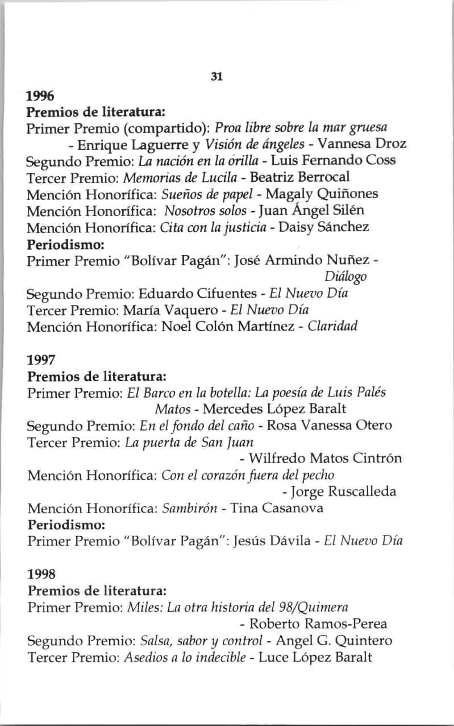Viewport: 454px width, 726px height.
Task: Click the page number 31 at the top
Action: pos(216,77)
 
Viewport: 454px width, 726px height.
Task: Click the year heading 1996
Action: pos(40,94)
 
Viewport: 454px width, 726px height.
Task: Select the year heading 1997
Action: pos(40,360)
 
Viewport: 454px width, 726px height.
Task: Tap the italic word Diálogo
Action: pos(345,277)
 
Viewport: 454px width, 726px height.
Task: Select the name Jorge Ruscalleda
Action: pos(344,491)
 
